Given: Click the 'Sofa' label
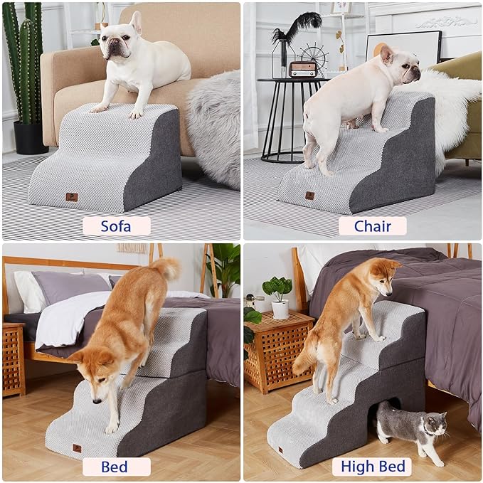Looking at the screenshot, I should point(116,226).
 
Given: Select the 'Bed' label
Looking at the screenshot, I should point(116,467).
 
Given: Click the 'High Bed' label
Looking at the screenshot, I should point(372,467).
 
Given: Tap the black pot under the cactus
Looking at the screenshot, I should point(30,137).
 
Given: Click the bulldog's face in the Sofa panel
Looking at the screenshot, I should point(116,47).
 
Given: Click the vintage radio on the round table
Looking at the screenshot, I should point(304,69).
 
